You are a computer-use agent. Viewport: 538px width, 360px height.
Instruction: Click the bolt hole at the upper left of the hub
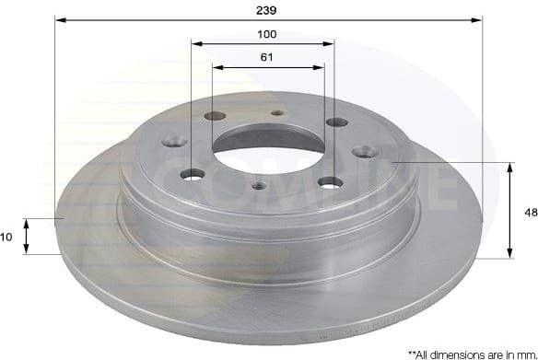[x=215, y=116]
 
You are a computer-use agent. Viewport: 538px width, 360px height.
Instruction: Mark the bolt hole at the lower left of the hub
[x=192, y=175]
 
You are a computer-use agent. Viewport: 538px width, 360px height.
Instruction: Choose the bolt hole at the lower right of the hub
[x=328, y=182]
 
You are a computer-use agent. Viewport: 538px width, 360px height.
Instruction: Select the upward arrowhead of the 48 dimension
[x=509, y=167]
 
